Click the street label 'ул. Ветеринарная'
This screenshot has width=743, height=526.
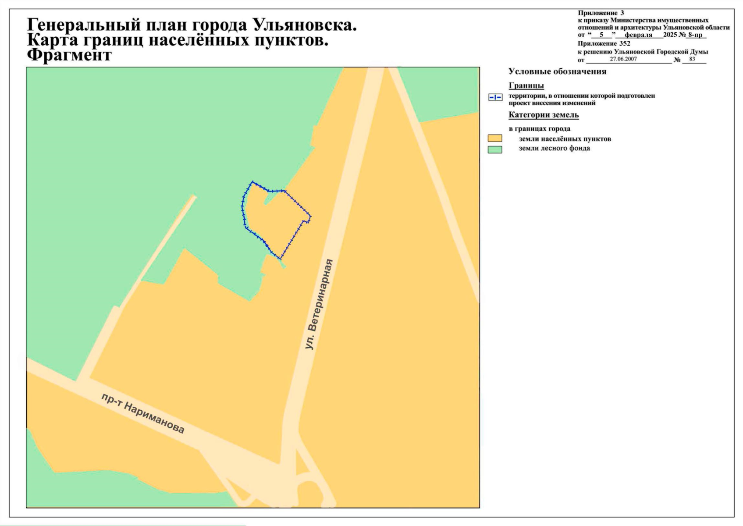point(319,304)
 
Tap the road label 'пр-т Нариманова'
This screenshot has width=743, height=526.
point(143,413)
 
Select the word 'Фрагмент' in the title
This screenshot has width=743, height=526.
point(69,55)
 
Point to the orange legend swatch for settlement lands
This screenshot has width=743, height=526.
point(495,139)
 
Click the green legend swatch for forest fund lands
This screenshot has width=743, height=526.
point(495,149)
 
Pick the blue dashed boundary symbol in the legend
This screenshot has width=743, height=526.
point(495,97)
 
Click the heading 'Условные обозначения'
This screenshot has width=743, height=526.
point(557,71)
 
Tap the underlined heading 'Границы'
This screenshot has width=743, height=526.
point(526,85)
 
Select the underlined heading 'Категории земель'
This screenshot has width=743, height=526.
point(544,115)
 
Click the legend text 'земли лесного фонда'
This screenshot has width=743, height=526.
point(554,148)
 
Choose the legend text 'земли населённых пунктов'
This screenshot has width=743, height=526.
point(565,139)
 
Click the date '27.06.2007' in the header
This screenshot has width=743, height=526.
point(623,59)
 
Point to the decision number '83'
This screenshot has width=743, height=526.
point(692,59)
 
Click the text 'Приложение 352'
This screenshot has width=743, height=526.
point(604,43)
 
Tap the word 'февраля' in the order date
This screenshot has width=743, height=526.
point(638,35)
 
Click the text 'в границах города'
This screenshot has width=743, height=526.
point(539,129)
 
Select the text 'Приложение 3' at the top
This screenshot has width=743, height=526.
point(601,13)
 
